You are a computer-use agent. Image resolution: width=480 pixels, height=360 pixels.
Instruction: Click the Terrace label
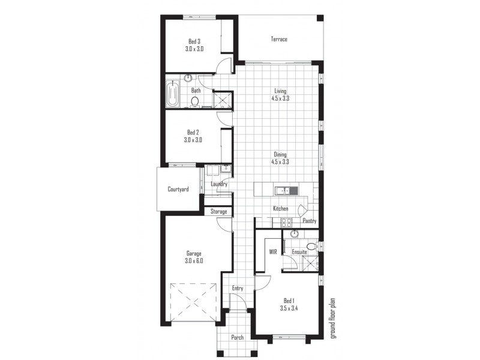coord(279,40)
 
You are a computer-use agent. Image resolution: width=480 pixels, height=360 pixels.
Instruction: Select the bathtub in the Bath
coord(173,95)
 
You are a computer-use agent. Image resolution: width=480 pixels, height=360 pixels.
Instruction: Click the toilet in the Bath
coord(194,102)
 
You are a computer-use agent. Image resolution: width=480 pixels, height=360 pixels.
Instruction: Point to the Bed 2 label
coord(193,132)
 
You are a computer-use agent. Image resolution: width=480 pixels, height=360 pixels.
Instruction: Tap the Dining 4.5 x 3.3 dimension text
coord(281,161)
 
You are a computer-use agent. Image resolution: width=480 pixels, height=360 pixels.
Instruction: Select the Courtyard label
coord(178,190)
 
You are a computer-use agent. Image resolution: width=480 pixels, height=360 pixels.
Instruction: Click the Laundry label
coord(218,184)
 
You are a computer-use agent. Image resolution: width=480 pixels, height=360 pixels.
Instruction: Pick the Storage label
coord(218,212)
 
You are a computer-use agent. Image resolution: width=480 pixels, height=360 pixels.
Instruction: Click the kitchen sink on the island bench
coord(282,191)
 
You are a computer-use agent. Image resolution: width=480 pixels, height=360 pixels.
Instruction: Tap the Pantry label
coord(310,221)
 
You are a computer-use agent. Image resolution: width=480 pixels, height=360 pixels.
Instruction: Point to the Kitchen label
coord(281,209)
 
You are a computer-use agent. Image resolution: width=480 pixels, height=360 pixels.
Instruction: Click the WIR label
coord(273,252)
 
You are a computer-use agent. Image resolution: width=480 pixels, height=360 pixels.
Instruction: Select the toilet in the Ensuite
coord(310,246)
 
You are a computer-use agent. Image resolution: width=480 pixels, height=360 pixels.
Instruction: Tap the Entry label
coord(238,289)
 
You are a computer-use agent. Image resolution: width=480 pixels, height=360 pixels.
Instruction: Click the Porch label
coord(238,337)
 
